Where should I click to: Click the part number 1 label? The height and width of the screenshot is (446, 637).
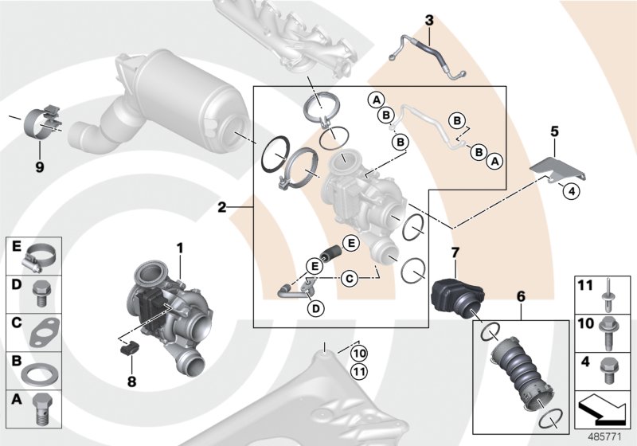(x=180, y=248)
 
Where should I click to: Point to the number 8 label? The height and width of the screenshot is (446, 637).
(x=131, y=381)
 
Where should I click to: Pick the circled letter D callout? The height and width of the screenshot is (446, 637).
(x=316, y=308)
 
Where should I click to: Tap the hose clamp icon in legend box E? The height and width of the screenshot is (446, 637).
(x=36, y=257)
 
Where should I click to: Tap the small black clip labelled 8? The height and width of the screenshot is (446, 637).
(x=130, y=347)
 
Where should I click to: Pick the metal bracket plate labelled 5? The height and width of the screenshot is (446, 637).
(x=555, y=169)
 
